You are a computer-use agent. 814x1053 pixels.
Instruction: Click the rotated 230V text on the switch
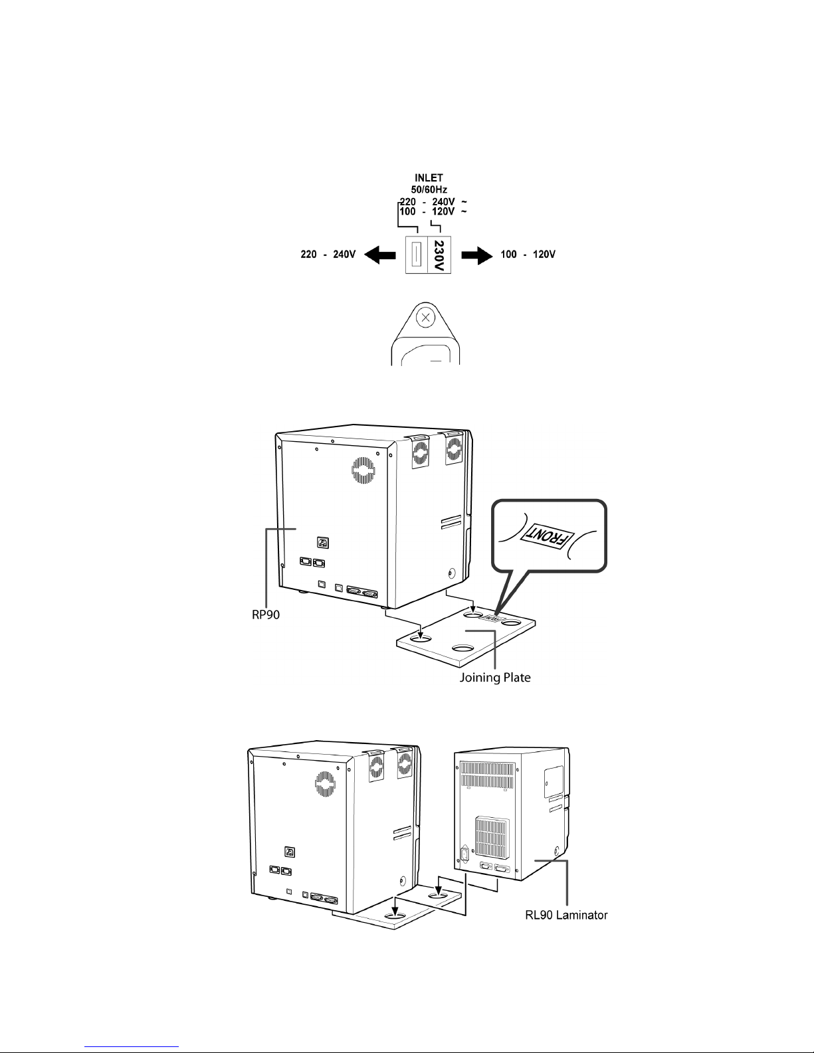click(x=438, y=255)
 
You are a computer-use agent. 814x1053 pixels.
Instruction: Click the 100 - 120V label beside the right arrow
click(x=527, y=254)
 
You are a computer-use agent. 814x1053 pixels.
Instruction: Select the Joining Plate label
click(x=495, y=679)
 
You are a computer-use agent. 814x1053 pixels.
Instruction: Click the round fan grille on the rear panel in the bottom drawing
click(x=326, y=787)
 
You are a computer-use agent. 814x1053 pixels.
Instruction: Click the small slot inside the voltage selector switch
click(x=417, y=255)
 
